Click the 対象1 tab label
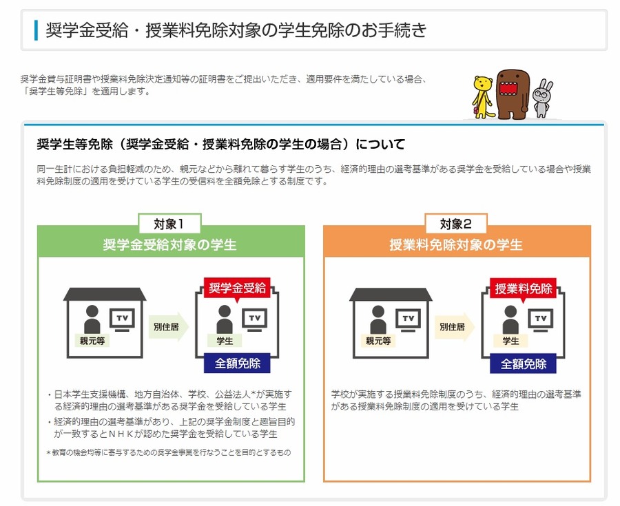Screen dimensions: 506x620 click(170, 223)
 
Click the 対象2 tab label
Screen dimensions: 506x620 click(456, 223)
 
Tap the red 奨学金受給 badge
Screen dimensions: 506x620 click(237, 288)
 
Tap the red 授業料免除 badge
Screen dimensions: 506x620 click(524, 288)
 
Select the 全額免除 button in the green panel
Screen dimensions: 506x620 click(237, 363)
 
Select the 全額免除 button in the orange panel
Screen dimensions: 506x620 click(524, 363)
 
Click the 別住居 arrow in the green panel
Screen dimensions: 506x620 click(165, 327)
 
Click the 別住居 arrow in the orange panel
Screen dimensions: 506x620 click(451, 327)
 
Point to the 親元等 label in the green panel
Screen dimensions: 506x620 click(92, 340)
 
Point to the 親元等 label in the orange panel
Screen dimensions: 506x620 click(378, 340)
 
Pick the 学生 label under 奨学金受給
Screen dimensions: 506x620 click(224, 340)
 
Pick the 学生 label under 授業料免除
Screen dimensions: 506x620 click(510, 340)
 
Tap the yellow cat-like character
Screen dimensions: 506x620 click(484, 95)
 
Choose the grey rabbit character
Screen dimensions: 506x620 click(543, 98)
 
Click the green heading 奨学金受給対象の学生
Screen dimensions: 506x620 click(169, 245)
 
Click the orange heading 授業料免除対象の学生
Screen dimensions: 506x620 click(456, 245)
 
